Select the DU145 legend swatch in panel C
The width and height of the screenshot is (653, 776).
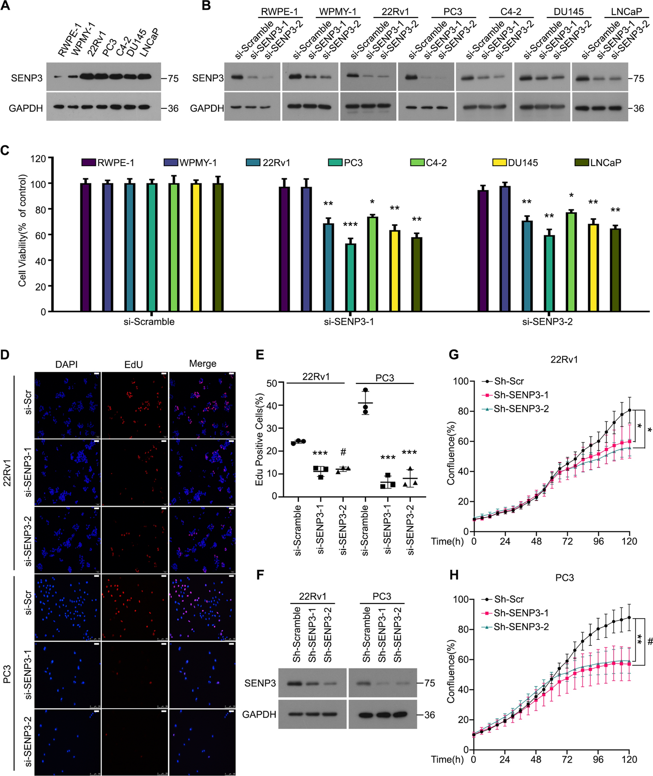tap(500, 162)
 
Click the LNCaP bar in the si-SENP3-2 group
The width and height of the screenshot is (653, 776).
tap(615, 270)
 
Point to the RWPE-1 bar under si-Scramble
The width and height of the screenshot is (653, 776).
tap(85, 247)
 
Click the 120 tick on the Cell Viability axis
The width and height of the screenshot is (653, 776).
tap(38, 159)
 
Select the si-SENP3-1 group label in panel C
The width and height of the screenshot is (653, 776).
tap(349, 322)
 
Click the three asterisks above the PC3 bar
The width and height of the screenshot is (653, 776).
tap(350, 225)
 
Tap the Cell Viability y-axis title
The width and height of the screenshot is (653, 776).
tap(23, 230)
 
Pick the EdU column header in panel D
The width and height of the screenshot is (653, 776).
tap(134, 364)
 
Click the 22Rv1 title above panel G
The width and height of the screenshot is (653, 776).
tap(564, 359)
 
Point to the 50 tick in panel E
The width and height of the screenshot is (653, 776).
tap(272, 383)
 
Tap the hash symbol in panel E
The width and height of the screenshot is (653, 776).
tap(343, 452)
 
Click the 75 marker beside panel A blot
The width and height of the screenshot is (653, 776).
tap(173, 78)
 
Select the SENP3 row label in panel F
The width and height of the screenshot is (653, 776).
tap(260, 683)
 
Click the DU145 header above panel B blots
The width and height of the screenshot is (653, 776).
tap(568, 12)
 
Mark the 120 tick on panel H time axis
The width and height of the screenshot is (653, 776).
tap(629, 759)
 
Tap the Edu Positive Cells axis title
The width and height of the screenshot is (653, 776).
tap(260, 439)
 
